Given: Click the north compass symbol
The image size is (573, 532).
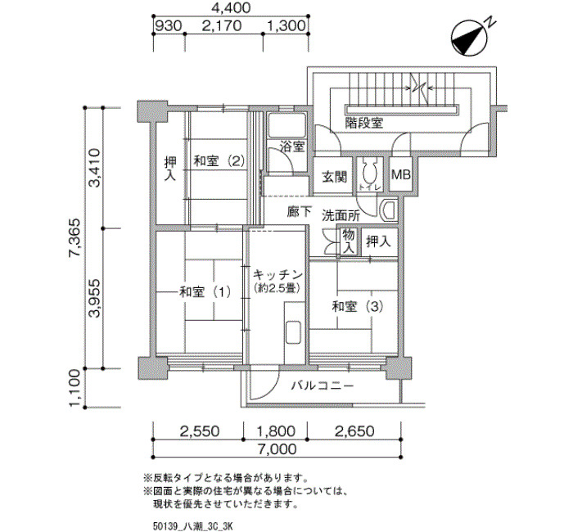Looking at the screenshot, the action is click(470, 38).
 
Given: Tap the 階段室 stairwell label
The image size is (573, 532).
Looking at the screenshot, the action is click(364, 123).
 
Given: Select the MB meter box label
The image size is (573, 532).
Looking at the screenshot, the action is click(401, 174).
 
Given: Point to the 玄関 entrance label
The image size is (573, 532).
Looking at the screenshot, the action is click(334, 177).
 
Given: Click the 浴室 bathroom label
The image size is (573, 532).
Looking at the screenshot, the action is click(292, 147).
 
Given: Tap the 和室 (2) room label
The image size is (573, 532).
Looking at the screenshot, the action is click(219, 160).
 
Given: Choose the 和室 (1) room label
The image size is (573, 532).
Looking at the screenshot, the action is click(205, 292).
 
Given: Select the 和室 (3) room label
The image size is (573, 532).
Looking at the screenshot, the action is click(358, 307).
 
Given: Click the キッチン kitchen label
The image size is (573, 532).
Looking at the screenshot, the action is click(277, 274).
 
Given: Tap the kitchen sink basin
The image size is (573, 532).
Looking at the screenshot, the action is click(293, 332).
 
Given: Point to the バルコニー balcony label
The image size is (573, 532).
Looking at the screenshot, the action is click(323, 385).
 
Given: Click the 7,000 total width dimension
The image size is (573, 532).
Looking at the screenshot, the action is click(278, 449).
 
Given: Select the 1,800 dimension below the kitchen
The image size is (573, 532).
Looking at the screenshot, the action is click(276, 431).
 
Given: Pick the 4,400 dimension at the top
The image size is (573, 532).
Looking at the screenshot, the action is click(232, 7).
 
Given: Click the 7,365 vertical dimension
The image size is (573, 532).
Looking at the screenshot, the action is click(75, 238).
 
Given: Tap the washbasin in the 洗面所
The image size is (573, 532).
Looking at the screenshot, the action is click(389, 211).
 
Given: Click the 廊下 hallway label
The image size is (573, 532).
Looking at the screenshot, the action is click(300, 211).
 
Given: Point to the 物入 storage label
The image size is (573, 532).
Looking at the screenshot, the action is click(348, 241).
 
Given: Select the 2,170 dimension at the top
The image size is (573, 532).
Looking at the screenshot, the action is click(222, 26).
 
